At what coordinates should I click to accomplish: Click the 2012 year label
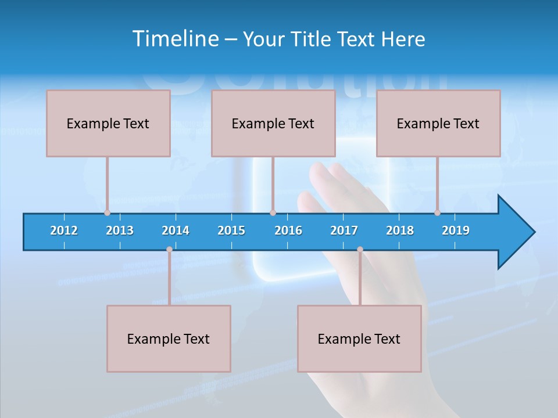pyautogui.click(x=64, y=230)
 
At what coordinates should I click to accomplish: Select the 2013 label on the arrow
pyautogui.click(x=120, y=230)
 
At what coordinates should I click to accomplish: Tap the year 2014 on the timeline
pyautogui.click(x=176, y=230)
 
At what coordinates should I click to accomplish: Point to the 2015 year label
pyautogui.click(x=231, y=230)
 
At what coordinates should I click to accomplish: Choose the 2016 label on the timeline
pyautogui.click(x=288, y=230)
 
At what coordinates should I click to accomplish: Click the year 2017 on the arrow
pyautogui.click(x=344, y=230)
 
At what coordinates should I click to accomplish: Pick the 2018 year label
pyautogui.click(x=400, y=230)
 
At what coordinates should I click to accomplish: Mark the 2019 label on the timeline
pyautogui.click(x=456, y=230)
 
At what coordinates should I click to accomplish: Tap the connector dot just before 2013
pyautogui.click(x=107, y=212)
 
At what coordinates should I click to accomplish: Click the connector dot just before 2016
pyautogui.click(x=273, y=212)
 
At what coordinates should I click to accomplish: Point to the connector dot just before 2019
pyautogui.click(x=437, y=212)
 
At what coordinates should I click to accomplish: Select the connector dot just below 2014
pyautogui.click(x=169, y=250)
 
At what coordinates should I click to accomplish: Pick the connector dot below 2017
pyautogui.click(x=360, y=250)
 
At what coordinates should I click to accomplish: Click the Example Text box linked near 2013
pyautogui.click(x=108, y=123)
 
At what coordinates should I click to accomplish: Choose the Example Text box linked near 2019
pyautogui.click(x=438, y=123)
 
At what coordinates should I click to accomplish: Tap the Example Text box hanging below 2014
pyautogui.click(x=169, y=338)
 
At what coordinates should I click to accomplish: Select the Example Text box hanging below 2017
pyautogui.click(x=359, y=338)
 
